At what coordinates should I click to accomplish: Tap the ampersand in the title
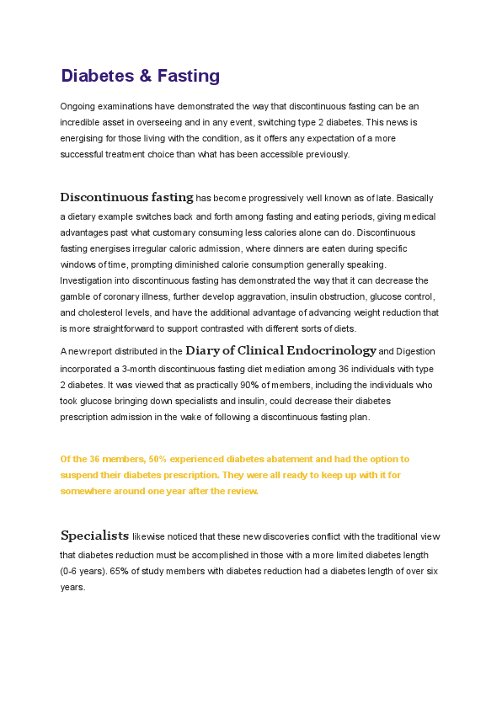146,76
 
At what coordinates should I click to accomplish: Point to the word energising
83,138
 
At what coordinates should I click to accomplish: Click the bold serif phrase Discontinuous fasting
126,198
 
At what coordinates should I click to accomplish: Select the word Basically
414,199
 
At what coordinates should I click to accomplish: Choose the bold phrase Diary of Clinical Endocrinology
280,350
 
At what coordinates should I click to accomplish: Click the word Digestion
415,351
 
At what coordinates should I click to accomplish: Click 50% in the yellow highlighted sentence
158,459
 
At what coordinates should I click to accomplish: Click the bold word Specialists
94,536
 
